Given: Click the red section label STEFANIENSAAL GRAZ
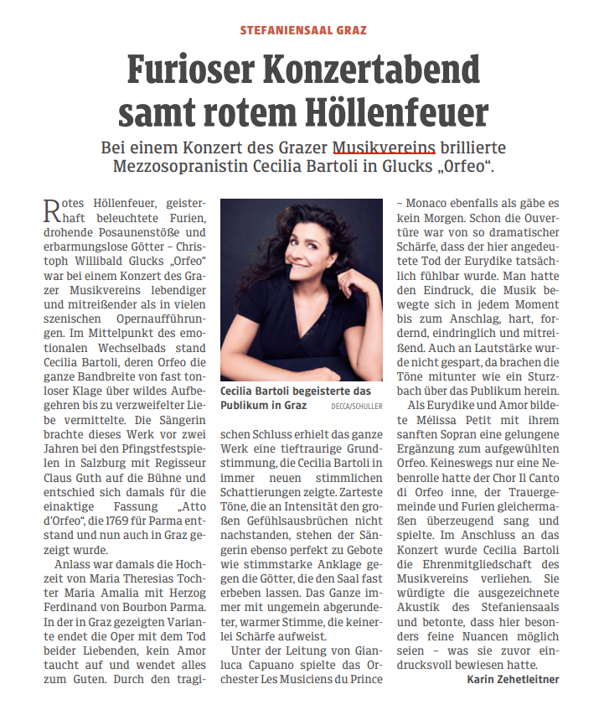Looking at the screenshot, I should pyautogui.click(x=303, y=29).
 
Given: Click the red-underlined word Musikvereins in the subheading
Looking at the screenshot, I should pyautogui.click(x=384, y=148).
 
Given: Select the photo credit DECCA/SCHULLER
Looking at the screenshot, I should pyautogui.click(x=355, y=407).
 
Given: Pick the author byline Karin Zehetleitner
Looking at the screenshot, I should pyautogui.click(x=513, y=679).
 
